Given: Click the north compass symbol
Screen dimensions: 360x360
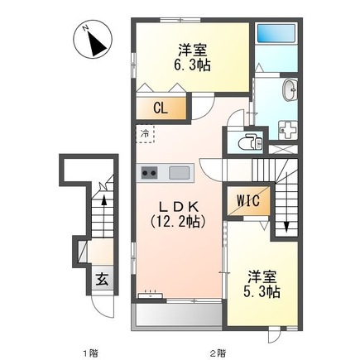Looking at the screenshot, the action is point(93,39).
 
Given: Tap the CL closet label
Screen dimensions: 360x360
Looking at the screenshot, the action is point(161,108).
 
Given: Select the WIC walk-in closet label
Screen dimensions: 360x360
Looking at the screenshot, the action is point(248,200).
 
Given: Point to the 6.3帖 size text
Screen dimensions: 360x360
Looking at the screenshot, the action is point(192,65).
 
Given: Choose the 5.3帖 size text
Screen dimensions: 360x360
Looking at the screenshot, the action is point(262,291).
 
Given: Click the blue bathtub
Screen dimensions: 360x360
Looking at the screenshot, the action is point(276,33).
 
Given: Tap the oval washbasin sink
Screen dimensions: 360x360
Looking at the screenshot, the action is point(290,90).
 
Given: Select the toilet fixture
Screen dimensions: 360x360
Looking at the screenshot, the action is point(250,142).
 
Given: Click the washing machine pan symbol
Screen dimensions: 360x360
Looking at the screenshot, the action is point(288,130).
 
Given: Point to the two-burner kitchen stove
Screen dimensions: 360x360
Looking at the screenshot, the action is point(149,173).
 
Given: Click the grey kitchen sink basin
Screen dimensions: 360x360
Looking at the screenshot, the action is point(180,173).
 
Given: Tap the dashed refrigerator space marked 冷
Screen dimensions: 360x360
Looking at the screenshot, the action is point(145,134).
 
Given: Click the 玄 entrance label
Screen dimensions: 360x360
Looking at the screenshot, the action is point(102,281).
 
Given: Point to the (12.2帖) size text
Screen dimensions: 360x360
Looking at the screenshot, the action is point(178,222).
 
